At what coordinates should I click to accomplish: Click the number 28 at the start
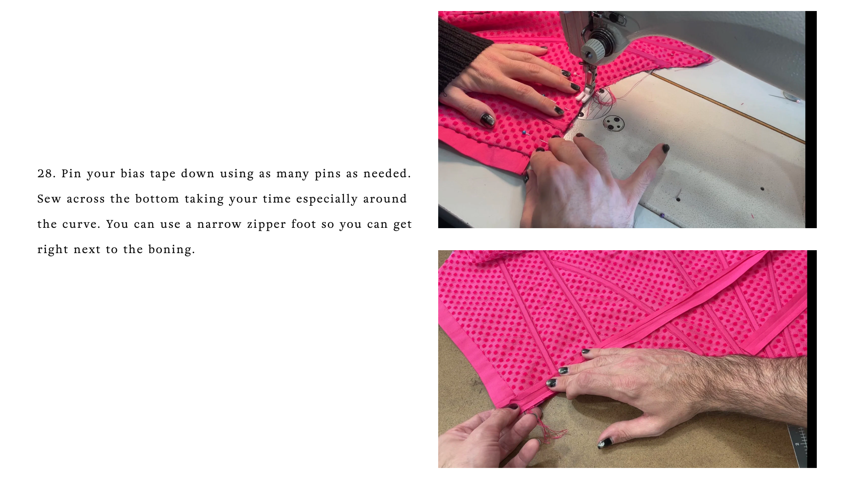pyautogui.click(x=46, y=173)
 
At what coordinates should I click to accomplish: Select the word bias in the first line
pyautogui.click(x=133, y=173)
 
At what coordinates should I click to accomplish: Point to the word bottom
pyautogui.click(x=157, y=199)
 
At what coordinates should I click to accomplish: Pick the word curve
pyautogui.click(x=81, y=224)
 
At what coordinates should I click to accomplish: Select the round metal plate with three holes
pyautogui.click(x=613, y=123)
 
